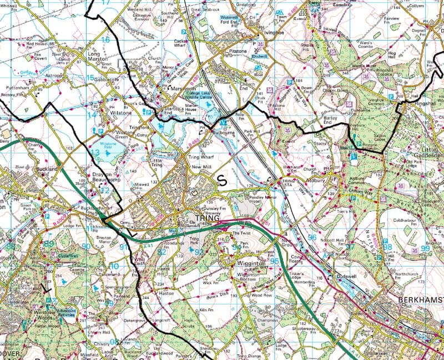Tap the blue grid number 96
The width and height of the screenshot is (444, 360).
[312, 237]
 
